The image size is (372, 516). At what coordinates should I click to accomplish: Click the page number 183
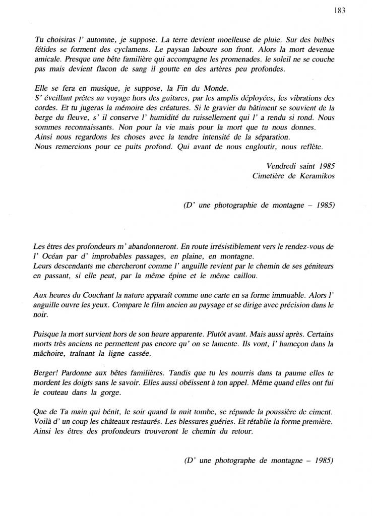(x=339, y=12)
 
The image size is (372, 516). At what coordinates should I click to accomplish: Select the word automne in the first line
(x=95, y=39)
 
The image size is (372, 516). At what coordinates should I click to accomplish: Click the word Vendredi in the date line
(x=284, y=166)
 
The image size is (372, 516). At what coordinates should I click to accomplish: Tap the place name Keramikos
(x=315, y=175)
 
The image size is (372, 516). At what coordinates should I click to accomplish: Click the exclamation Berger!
(x=47, y=374)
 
